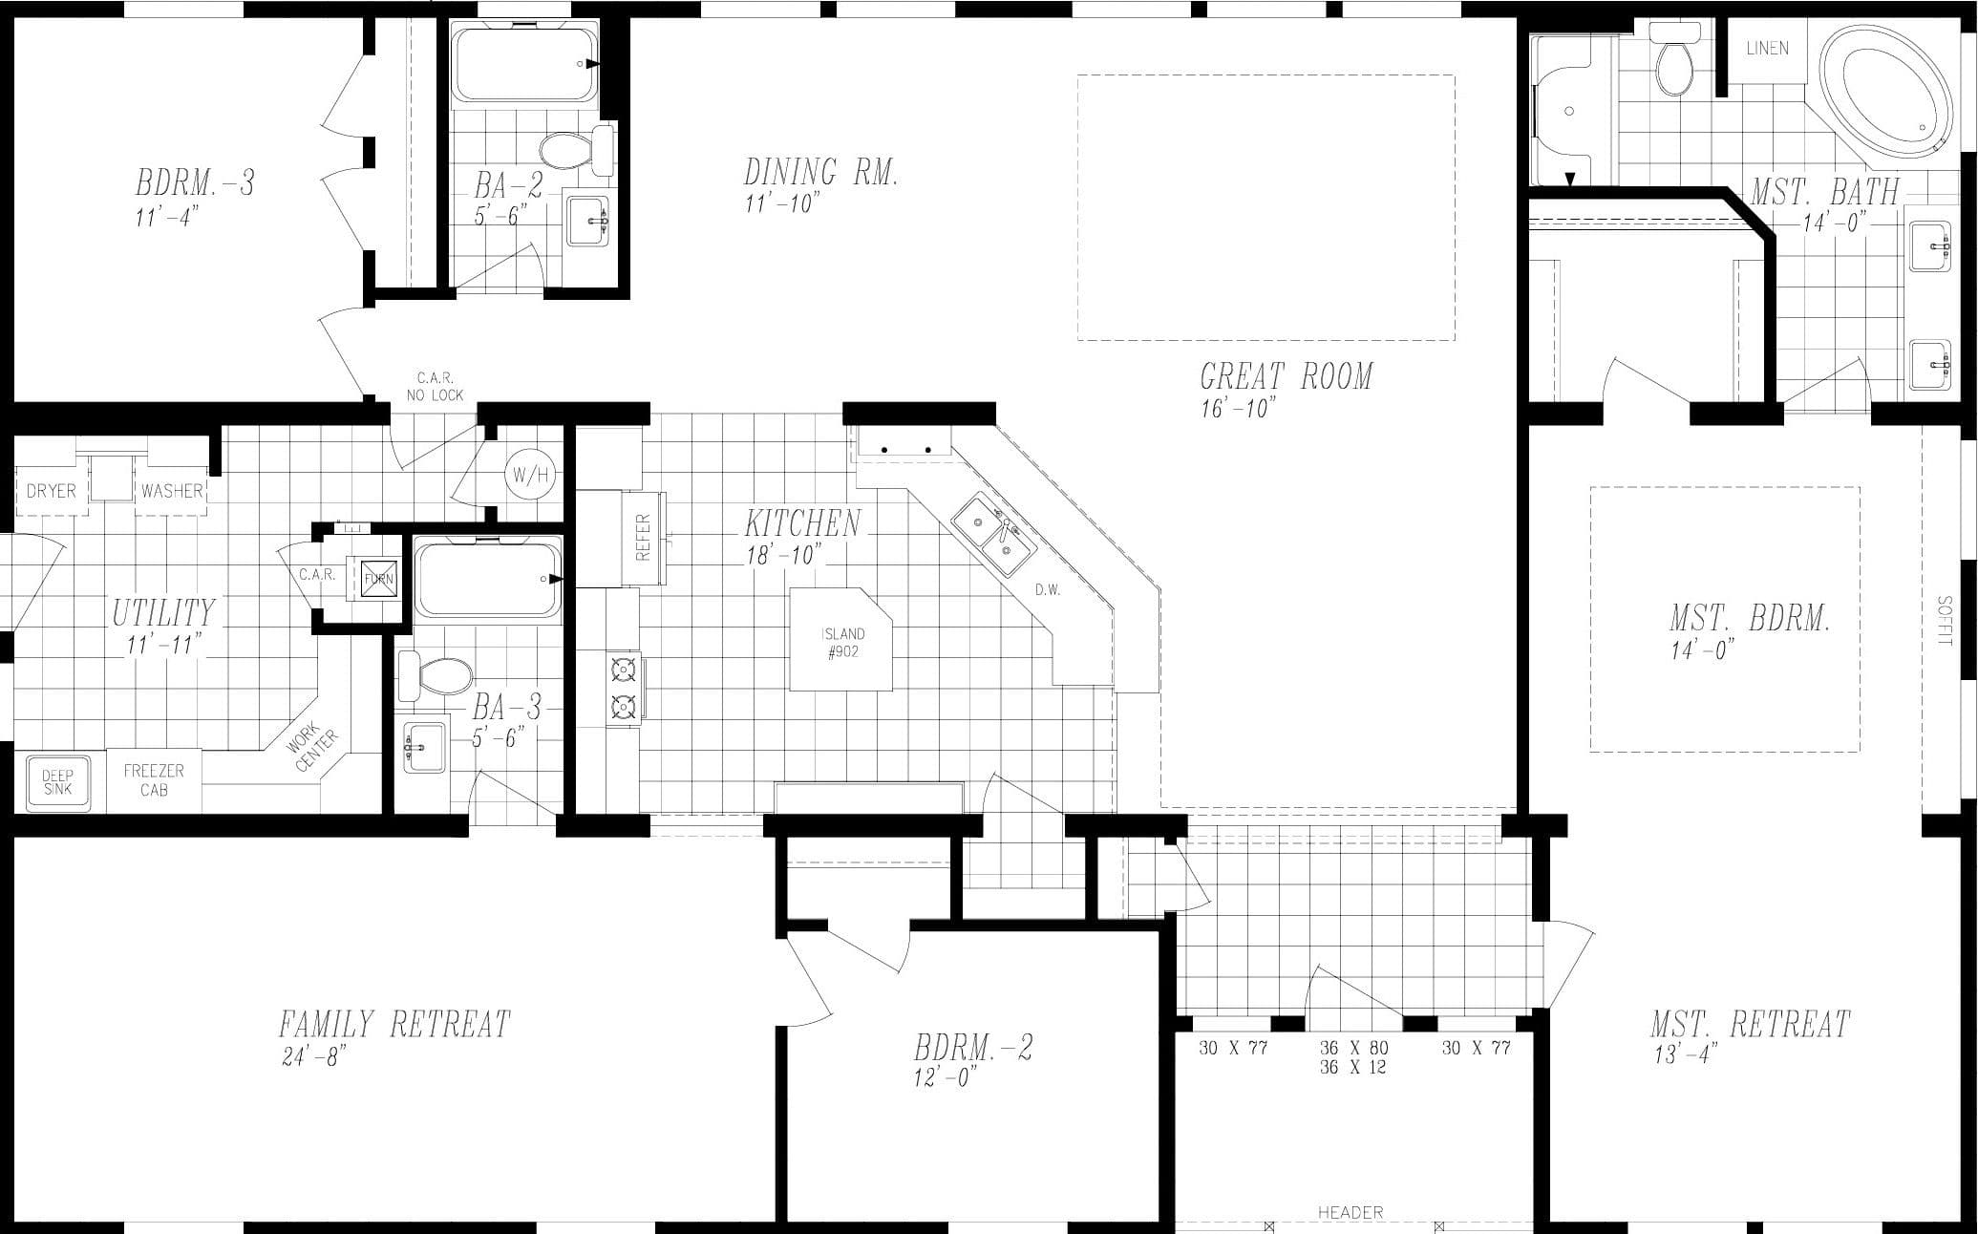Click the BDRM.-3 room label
pyautogui.click(x=195, y=182)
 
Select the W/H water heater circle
pyautogui.click(x=530, y=474)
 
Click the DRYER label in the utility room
pyautogui.click(x=51, y=491)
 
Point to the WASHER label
pyautogui.click(x=172, y=491)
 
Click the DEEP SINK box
pyautogui.click(x=57, y=783)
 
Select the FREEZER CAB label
pyautogui.click(x=154, y=780)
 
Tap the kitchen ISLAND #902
pyautogui.click(x=841, y=642)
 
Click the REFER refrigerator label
pyautogui.click(x=643, y=537)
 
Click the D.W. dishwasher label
pyautogui.click(x=1048, y=590)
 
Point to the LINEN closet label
pyautogui.click(x=1767, y=48)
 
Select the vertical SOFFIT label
pyautogui.click(x=1945, y=620)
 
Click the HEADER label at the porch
pyautogui.click(x=1350, y=1212)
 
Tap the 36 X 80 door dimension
pyautogui.click(x=1353, y=1048)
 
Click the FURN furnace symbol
pyautogui.click(x=377, y=578)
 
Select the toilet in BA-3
pyautogui.click(x=436, y=674)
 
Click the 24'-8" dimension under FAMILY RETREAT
pyautogui.click(x=313, y=1057)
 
